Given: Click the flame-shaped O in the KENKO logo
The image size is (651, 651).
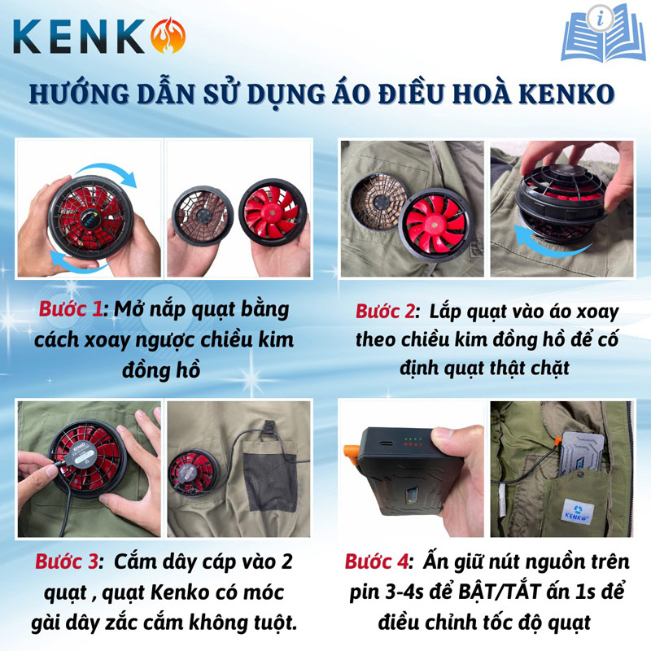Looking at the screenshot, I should tap(168, 35).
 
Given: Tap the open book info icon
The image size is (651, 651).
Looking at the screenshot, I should tap(602, 34).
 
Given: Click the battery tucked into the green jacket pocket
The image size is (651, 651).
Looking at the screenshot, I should tap(579, 448).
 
